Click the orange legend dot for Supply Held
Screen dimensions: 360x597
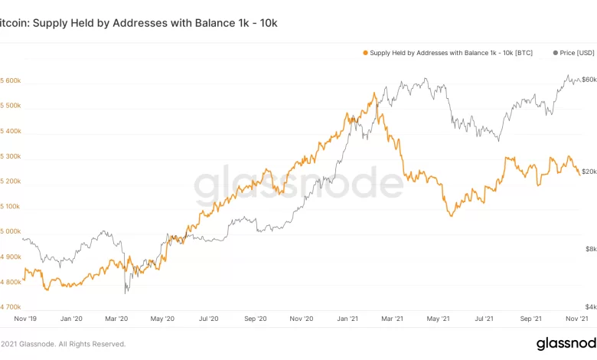tap(364, 53)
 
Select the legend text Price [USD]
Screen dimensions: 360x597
tap(577, 53)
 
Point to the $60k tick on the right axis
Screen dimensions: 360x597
tap(589, 80)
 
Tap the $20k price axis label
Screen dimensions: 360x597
tap(589, 172)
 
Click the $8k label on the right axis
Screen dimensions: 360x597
tap(589, 249)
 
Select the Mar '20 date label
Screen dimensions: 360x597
tap(116, 318)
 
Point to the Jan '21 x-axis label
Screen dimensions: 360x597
tap(348, 318)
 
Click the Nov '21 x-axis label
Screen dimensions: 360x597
tap(576, 318)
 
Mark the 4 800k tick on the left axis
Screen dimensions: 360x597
tap(11, 282)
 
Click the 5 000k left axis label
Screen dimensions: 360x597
tap(11, 231)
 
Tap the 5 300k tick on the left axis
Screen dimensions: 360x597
tap(11, 156)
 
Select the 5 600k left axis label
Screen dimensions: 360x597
tap(11, 80)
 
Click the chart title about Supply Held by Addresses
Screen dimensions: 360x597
tap(139, 23)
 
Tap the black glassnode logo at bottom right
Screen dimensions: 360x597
tap(566, 343)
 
